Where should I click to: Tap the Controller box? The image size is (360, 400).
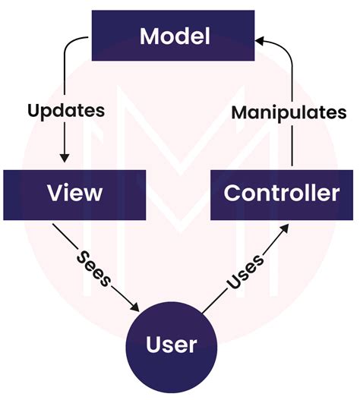tap(281, 193)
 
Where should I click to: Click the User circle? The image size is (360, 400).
tap(172, 345)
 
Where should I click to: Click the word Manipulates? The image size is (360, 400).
tap(289, 112)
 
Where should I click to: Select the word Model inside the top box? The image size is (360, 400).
tap(173, 36)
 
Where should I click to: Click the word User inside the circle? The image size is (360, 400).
tap(172, 345)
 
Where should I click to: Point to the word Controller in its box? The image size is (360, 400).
tap(281, 193)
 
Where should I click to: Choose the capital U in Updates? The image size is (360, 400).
tap(33, 110)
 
